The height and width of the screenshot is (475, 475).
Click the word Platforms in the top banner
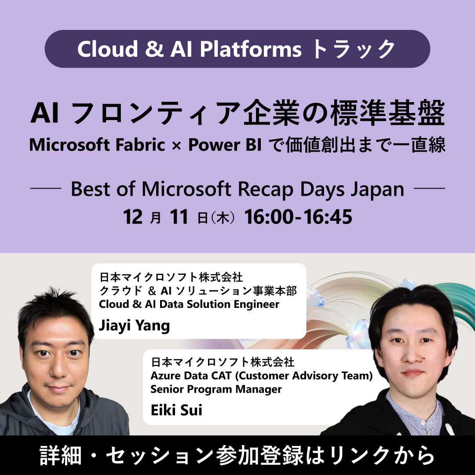tap(251, 49)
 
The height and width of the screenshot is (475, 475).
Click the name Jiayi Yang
tap(134, 326)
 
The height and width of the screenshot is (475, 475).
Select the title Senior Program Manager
tap(216, 389)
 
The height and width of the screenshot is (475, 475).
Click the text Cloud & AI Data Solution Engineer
tap(189, 304)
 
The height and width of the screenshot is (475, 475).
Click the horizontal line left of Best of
tap(45, 190)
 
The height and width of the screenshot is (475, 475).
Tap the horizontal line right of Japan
tap(430, 190)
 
